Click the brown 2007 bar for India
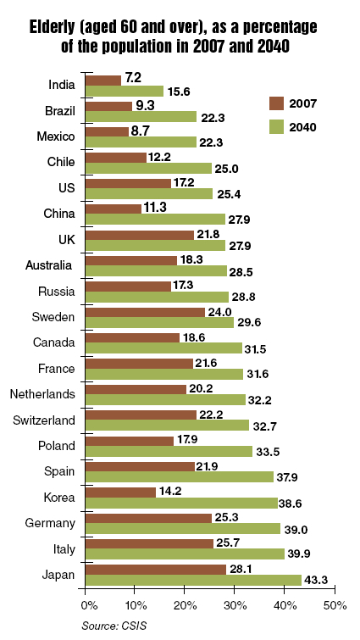pyautogui.click(x=103, y=81)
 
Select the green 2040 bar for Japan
pyautogui.click(x=194, y=580)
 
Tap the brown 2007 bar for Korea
pyautogui.click(x=120, y=493)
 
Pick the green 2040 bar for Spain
pyautogui.click(x=180, y=476)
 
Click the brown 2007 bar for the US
pyautogui.click(x=129, y=183)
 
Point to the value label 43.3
pyautogui.click(x=316, y=580)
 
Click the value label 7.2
pyautogui.click(x=133, y=77)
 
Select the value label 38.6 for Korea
pyautogui.click(x=290, y=504)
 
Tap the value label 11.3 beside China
pyautogui.click(x=155, y=207)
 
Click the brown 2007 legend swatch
pyautogui.click(x=276, y=103)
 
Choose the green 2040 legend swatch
pyautogui.click(x=276, y=127)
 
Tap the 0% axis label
pyautogui.click(x=89, y=606)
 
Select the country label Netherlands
pyautogui.click(x=42, y=394)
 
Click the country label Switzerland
pyautogui.click(x=44, y=420)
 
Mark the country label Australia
pyautogui.click(x=48, y=265)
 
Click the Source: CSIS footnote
pyautogui.click(x=114, y=626)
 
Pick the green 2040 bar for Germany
pyautogui.click(x=183, y=529)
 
